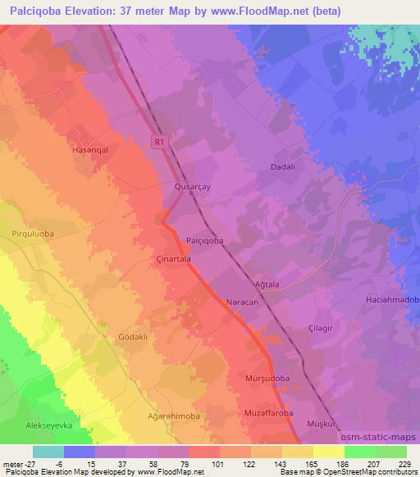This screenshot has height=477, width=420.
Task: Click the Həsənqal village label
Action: [x=90, y=151]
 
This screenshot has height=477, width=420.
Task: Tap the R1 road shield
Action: [x=160, y=142]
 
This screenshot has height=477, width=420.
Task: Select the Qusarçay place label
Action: [x=194, y=187]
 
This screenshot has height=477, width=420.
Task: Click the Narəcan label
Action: [x=242, y=302]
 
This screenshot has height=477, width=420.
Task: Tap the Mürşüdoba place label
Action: [x=268, y=379]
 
